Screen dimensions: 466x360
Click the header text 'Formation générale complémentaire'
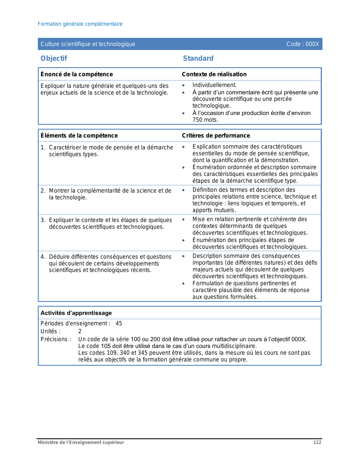(x=80, y=24)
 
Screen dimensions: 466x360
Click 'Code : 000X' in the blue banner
(x=302, y=44)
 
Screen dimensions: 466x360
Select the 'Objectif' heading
(x=54, y=58)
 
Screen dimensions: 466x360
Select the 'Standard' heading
(x=198, y=58)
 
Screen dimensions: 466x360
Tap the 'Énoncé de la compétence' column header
(x=77, y=74)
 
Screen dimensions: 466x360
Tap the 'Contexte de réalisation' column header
(x=214, y=74)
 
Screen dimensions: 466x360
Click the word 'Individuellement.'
(x=214, y=85)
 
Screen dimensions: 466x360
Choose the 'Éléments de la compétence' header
(x=79, y=136)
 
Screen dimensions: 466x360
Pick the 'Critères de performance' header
(x=216, y=136)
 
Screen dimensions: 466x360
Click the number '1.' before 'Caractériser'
(x=43, y=147)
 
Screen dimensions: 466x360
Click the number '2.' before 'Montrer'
(x=43, y=191)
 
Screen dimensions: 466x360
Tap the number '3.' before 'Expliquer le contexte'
(x=43, y=220)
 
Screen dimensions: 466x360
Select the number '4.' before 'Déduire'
(x=43, y=257)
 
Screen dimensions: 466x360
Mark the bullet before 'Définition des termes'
(x=184, y=190)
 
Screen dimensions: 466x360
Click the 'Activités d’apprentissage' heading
(x=76, y=313)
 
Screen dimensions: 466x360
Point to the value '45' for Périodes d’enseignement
(x=119, y=323)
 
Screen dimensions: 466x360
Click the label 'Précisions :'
(x=56, y=339)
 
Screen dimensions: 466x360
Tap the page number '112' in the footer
(x=317, y=442)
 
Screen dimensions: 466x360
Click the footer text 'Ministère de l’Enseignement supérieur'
(x=81, y=442)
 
